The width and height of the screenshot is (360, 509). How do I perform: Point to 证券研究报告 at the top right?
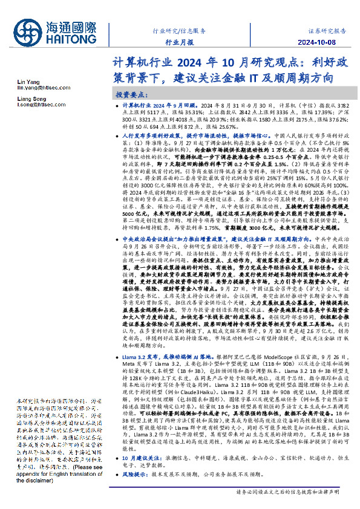point(327,30)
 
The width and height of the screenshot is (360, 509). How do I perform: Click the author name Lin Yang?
point(27,81)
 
